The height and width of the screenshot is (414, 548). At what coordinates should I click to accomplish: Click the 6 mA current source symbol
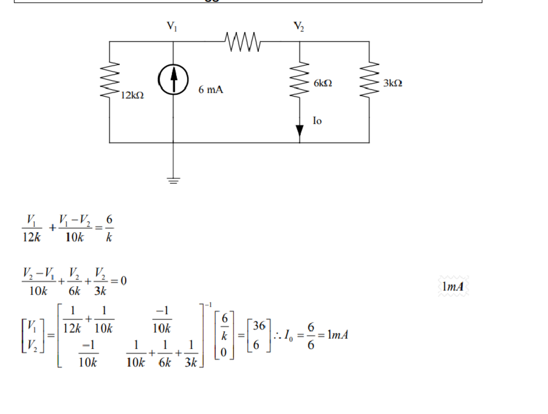173,80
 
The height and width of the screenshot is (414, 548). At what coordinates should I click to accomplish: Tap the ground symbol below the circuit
173,180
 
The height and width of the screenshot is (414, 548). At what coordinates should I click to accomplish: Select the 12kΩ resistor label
132,95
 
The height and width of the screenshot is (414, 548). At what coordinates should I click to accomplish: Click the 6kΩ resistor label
323,83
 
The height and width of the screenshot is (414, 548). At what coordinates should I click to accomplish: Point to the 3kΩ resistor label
393,83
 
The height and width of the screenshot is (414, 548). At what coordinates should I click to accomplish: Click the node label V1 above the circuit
172,27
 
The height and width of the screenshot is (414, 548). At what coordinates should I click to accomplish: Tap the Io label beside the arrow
317,121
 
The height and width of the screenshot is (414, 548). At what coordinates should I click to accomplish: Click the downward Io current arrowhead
300,131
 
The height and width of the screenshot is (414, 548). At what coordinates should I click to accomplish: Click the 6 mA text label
211,90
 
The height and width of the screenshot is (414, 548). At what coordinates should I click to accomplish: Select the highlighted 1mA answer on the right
453,287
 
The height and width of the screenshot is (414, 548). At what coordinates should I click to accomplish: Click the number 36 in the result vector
259,326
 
